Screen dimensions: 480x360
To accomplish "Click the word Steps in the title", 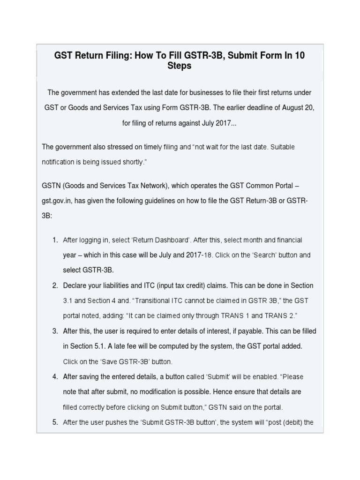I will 180,66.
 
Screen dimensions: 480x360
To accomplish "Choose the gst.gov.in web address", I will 59,201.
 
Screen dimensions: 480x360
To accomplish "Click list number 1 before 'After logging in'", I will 54,240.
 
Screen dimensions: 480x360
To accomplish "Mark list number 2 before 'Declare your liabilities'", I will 54,285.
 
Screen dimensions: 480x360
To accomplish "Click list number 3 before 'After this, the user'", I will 54,331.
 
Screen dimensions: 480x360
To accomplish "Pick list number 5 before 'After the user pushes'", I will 54,422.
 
